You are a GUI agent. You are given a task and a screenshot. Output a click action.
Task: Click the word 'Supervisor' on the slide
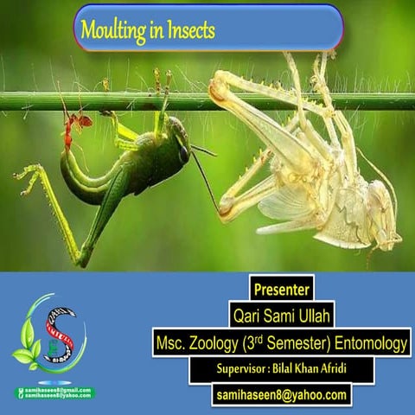tap(241, 370)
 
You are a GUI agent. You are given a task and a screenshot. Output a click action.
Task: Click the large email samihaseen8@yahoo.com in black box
tap(281, 395)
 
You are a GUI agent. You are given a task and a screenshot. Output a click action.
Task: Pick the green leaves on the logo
tap(26, 354)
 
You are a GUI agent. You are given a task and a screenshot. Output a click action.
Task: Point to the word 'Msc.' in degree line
tap(172, 344)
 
